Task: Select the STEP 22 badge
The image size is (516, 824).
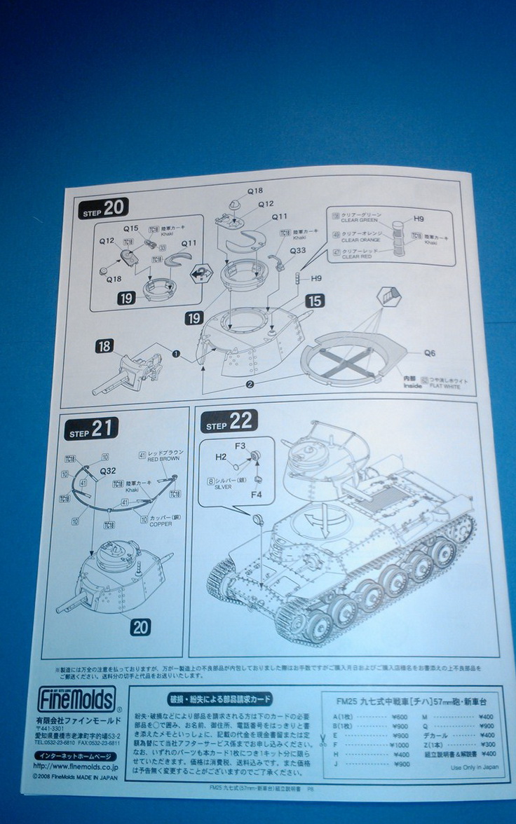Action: [229, 422]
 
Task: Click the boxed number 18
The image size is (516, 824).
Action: [104, 346]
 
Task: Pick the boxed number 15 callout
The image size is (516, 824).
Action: [315, 301]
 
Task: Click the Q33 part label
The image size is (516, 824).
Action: [297, 250]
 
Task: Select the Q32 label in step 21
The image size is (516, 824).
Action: [107, 472]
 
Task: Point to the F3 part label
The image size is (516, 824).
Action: [240, 445]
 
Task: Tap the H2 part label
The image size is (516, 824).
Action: [220, 458]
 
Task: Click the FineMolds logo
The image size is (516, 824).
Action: [77, 699]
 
